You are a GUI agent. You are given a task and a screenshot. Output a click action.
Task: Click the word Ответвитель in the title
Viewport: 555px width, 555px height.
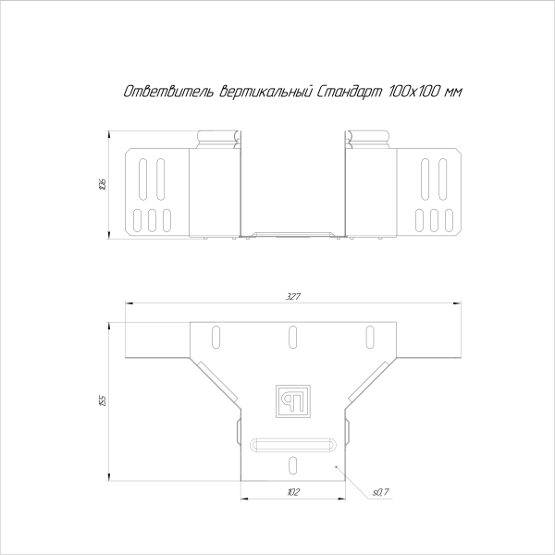click(167, 92)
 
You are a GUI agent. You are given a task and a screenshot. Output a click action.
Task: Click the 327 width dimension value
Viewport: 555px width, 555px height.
click(293, 297)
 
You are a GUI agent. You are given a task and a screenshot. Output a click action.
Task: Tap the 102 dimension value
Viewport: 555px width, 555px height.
click(293, 492)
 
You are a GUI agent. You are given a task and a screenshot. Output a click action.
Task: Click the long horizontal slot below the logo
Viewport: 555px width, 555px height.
click(293, 446)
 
